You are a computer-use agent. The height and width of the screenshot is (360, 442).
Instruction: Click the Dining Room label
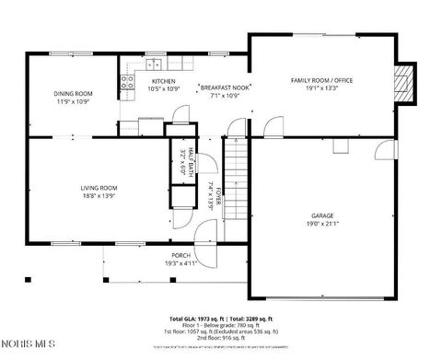(x=72, y=94)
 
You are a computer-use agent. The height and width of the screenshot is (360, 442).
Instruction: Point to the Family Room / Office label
(x=321, y=81)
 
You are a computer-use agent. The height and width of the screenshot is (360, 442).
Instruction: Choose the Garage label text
(x=321, y=215)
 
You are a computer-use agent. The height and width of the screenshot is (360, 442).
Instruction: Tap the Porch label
(x=181, y=256)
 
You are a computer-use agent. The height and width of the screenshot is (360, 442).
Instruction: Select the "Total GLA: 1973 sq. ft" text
(x=198, y=317)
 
